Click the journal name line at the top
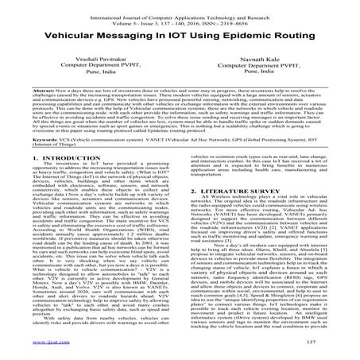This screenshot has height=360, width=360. click(x=180, y=7)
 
